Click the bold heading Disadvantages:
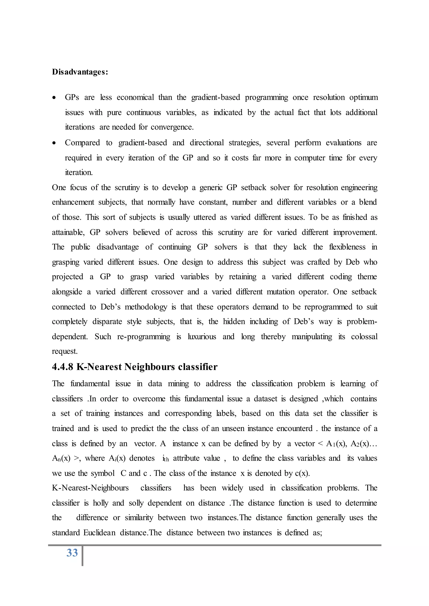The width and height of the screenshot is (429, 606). tap(80, 72)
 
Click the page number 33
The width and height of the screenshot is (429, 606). tap(72, 553)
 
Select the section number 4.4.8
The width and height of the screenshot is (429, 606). tap(62, 367)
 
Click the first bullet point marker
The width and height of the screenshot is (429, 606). tap(54, 98)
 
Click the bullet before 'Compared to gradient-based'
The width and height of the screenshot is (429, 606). tap(54, 143)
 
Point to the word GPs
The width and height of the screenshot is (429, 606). tap(72, 97)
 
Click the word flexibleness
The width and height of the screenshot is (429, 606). tap(347, 247)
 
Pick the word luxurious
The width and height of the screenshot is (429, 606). tap(202, 337)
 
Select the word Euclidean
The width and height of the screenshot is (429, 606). tap(99, 533)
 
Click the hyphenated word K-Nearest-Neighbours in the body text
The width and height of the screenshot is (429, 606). tap(90, 488)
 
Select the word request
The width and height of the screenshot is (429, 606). tap(65, 352)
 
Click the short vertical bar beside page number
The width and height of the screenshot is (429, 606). tap(82, 556)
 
